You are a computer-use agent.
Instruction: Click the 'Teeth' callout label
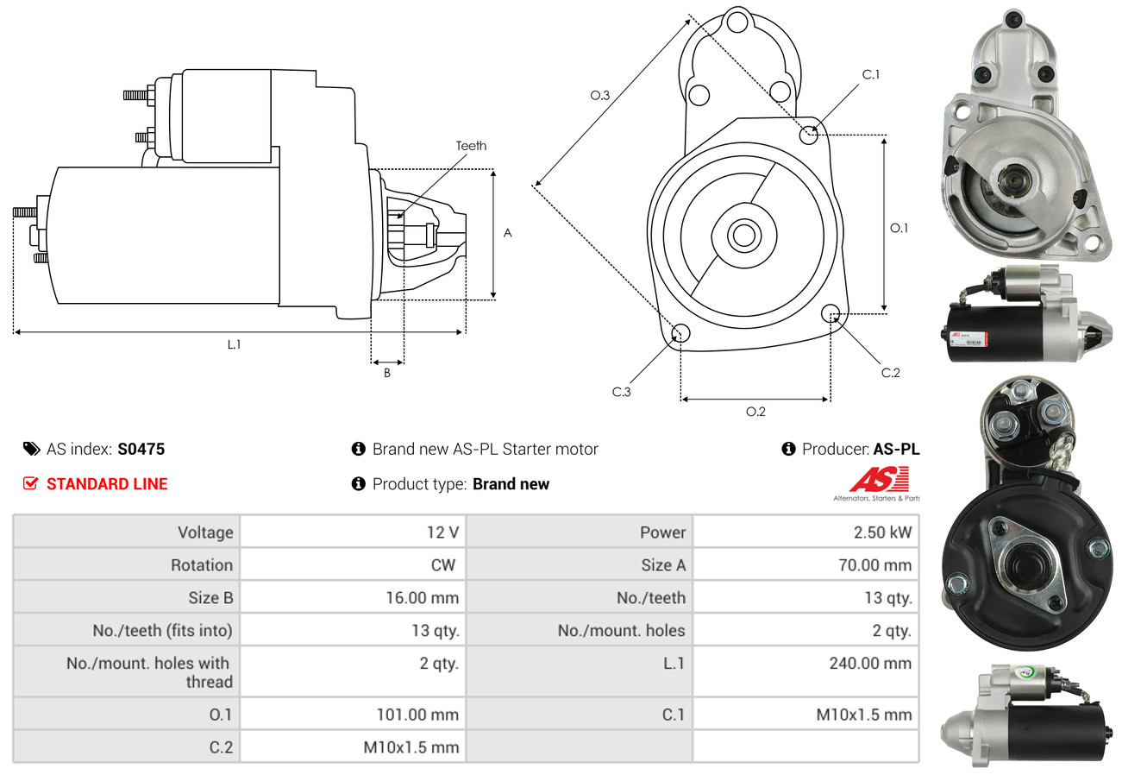[x=471, y=146]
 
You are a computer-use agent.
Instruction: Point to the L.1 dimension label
[x=234, y=344]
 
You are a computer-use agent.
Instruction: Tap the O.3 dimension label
[x=600, y=96]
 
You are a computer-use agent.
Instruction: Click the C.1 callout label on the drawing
[x=871, y=74]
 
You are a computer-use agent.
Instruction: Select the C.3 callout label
[x=622, y=392]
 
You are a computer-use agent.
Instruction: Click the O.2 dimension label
[x=755, y=412]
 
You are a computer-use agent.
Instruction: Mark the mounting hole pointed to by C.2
[x=831, y=312]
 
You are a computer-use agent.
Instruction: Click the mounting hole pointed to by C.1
[x=809, y=135]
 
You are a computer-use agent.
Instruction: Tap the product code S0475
[x=141, y=449]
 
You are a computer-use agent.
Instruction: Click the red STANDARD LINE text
[x=107, y=484]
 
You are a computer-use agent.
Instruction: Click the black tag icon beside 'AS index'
[x=31, y=449]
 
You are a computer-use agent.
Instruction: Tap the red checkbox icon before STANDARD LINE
[x=31, y=484]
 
